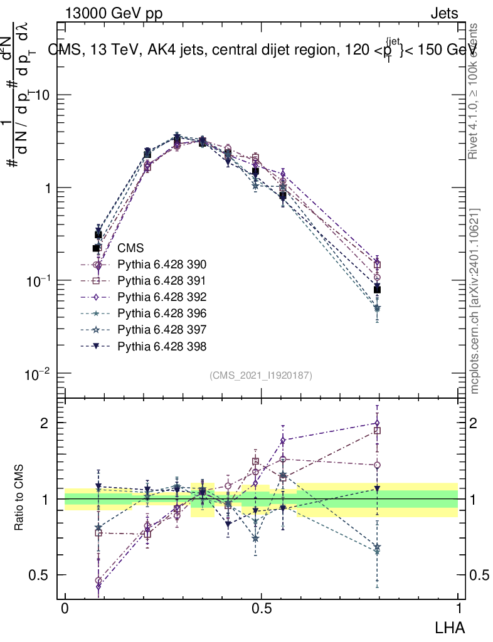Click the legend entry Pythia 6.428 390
click(162, 265)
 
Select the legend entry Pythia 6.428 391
click(162, 281)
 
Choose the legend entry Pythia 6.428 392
click(162, 297)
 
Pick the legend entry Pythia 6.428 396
click(162, 313)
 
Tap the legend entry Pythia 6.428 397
click(162, 330)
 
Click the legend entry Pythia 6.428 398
click(162, 346)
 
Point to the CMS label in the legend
click(130, 248)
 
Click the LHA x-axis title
click(450, 626)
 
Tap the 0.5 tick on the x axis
click(261, 609)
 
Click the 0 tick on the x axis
click(65, 609)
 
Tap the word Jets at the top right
click(443, 13)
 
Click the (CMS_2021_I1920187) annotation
click(261, 375)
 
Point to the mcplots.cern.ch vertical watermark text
click(475, 301)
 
